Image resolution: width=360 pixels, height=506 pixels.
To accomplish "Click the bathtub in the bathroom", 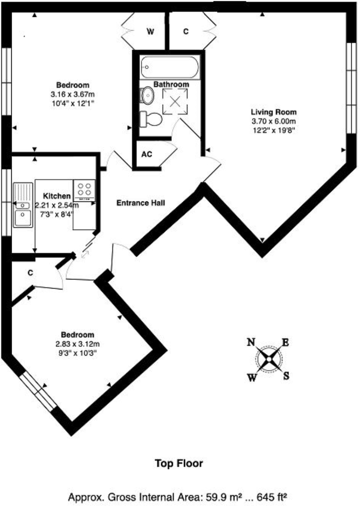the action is pos(170,67).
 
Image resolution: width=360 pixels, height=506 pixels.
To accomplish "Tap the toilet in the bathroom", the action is pos(151,119).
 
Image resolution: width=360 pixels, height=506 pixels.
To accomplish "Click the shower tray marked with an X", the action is pos(175,101).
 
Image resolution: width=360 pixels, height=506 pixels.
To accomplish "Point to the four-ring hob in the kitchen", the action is pos(84,190).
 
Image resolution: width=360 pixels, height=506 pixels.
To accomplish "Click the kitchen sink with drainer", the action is pos(23,205).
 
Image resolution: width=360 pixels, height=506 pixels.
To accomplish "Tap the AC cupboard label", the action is pos(147,154).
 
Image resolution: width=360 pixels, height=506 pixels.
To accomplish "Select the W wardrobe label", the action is pos(150,32).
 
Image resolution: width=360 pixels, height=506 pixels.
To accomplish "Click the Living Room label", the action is pos(273,112).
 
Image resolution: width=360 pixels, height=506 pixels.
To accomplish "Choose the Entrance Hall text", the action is pos(141,203).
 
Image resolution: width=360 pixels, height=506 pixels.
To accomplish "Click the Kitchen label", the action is pos(57,196).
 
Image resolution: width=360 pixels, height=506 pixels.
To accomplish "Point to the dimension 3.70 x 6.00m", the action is pos(273,122).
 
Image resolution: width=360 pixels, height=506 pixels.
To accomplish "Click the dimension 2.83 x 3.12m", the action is pos(78,344).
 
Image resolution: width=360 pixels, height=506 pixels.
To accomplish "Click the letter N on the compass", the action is pos(251,342).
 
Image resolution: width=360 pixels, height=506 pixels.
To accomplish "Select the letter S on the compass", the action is pos(286,376).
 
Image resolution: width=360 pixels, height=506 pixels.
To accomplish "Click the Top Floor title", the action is pos(179,464).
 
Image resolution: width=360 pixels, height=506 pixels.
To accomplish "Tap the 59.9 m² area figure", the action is pos(219,497).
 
